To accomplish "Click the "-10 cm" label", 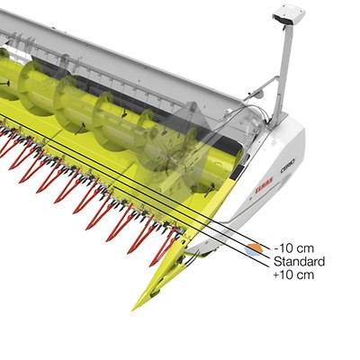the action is coord(293,248).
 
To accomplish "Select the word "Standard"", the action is coord(299,262).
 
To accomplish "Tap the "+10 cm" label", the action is coord(293,274).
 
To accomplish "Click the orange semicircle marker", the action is coord(255,247).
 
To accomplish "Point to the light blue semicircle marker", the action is coord(252,252).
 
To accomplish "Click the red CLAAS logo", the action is coord(264,185).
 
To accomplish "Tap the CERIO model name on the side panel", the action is coord(287,165).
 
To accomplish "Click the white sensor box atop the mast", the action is coord(289,15).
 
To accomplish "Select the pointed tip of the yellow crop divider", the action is coord(133,310).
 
